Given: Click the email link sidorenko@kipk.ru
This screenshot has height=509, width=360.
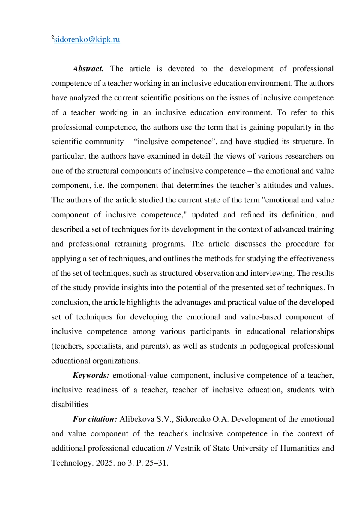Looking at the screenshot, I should pos(87,40).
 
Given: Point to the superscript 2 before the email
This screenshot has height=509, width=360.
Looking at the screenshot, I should pos(52,37).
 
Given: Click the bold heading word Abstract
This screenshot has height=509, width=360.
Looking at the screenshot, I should pos(88,69).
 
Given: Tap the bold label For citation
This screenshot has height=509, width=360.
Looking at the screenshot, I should pos(95,419).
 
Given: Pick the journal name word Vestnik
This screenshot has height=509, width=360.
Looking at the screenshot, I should pos(187,448).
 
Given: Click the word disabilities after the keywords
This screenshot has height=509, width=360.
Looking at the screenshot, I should pos(70,405).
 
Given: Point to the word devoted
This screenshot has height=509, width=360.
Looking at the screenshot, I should pos(181,69).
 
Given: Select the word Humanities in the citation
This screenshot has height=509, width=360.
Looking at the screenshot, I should pos(299,448).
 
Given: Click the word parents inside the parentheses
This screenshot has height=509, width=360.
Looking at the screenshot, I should pos(153,346).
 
